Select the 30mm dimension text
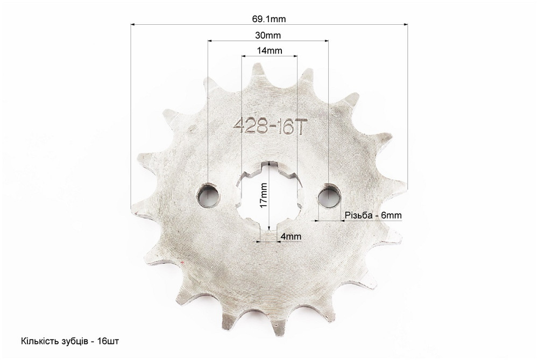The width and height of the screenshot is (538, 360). [268, 35]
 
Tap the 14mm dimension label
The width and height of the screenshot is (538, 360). [270, 51]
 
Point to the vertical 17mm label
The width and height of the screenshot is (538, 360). [264, 195]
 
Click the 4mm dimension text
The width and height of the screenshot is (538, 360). [291, 236]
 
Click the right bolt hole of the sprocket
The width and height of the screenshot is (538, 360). [329, 196]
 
